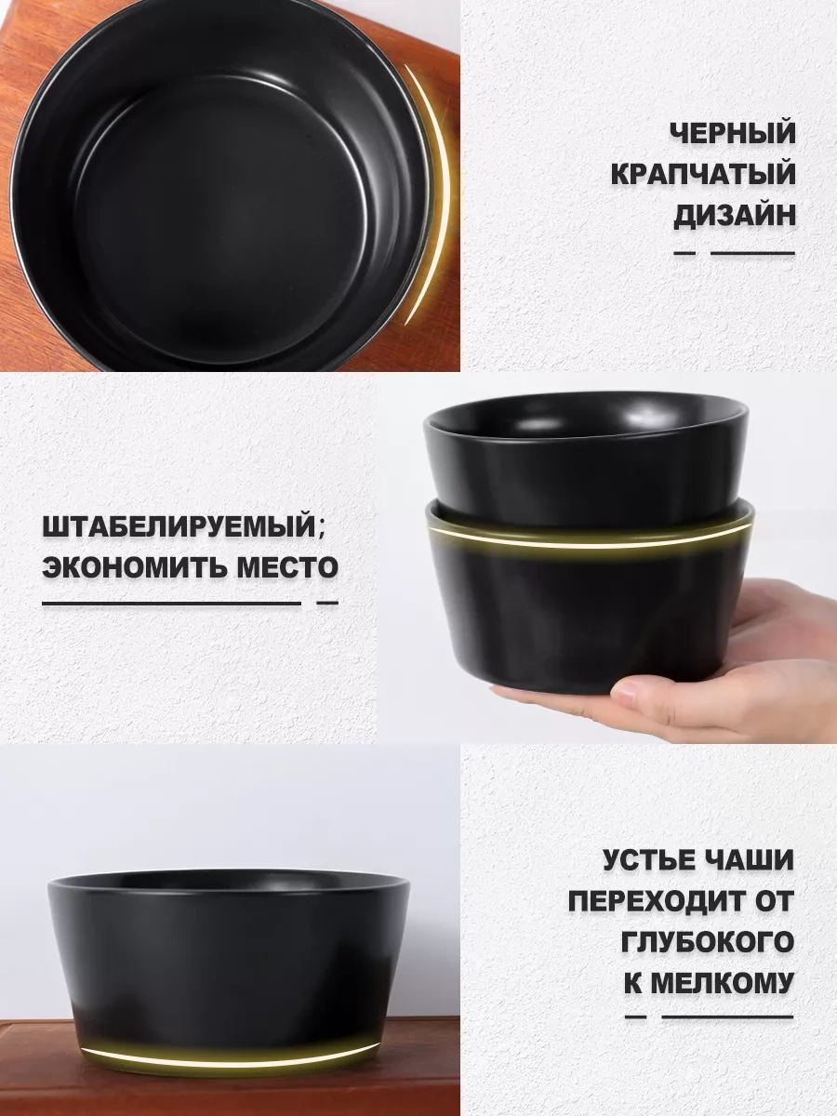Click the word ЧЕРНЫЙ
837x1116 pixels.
tap(732, 134)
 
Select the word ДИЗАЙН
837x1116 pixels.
tap(735, 216)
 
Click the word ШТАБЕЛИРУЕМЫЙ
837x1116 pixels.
tap(179, 527)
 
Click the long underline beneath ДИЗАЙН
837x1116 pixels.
tap(752, 253)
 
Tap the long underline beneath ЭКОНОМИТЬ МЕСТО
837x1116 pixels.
tap(172, 604)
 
